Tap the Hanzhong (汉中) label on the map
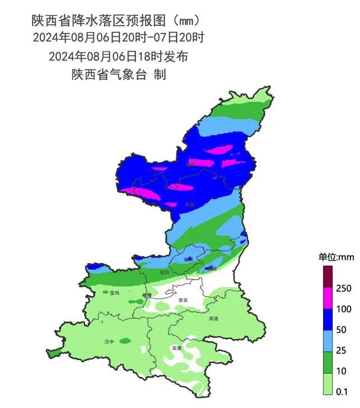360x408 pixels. (x=110, y=341)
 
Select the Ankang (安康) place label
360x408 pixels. (x=177, y=348)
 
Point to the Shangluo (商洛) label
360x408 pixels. (x=213, y=318)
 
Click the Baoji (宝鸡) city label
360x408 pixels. (x=114, y=293)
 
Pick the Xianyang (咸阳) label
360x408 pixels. (x=164, y=272)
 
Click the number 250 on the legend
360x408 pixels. (x=344, y=288)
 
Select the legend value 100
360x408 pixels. (x=344, y=309)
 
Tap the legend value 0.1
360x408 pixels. (x=342, y=392)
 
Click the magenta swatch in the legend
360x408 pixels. (x=328, y=298)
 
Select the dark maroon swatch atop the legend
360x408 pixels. (x=328, y=277)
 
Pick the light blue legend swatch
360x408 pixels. (x=328, y=340)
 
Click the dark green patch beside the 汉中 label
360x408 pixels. (x=125, y=340)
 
